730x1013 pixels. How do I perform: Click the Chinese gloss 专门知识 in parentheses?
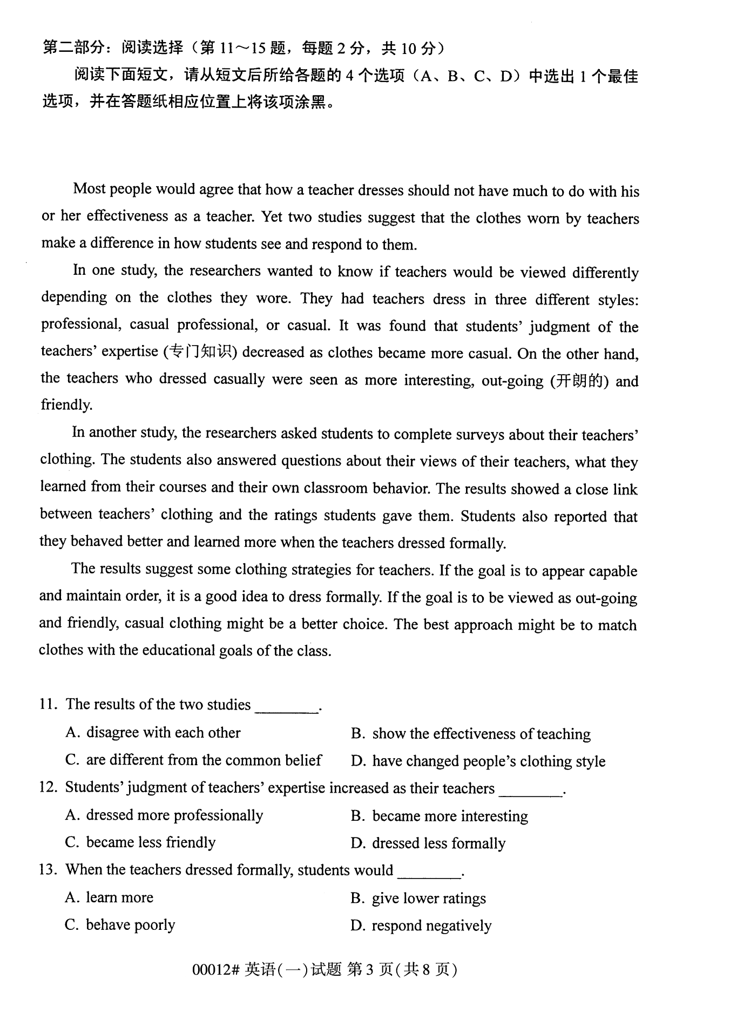200,352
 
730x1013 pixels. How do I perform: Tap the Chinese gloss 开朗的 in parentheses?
579,381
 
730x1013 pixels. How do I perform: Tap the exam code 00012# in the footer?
215,970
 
